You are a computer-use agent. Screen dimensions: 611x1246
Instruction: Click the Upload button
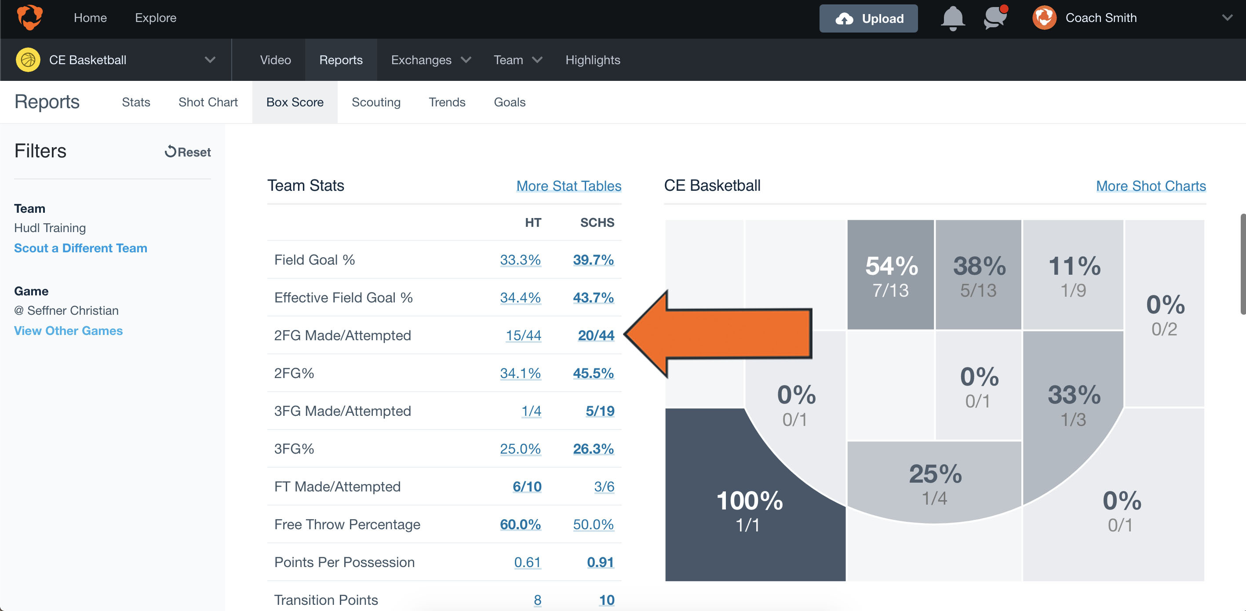coord(868,18)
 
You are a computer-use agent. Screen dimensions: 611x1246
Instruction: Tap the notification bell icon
coord(952,18)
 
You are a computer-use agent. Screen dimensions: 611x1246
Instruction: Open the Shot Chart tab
coord(208,102)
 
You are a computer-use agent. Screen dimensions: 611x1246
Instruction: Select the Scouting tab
coord(376,102)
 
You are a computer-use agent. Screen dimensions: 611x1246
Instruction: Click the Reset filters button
coord(188,152)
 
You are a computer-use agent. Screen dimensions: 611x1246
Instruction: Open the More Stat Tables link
coord(568,186)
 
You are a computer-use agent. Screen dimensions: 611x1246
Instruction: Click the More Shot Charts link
coord(1150,186)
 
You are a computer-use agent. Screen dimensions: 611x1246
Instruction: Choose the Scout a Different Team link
coord(80,248)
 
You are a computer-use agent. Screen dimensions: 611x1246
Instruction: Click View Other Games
coord(68,331)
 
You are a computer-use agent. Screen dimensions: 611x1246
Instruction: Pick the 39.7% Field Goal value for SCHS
coord(593,260)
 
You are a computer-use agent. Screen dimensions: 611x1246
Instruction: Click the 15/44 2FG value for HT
coord(523,335)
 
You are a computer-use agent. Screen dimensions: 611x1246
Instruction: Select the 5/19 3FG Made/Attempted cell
coord(600,411)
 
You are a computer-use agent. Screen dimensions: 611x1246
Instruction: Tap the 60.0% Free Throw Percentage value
coord(520,524)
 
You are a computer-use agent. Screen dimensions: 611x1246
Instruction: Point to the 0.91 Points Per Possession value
coord(600,562)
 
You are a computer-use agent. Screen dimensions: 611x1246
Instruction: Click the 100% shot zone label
coord(749,501)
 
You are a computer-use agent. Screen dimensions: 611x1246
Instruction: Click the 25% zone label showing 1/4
coord(935,474)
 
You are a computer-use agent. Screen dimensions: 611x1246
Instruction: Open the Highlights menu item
coord(593,60)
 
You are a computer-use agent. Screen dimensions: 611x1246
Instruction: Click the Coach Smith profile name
coord(1101,18)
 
